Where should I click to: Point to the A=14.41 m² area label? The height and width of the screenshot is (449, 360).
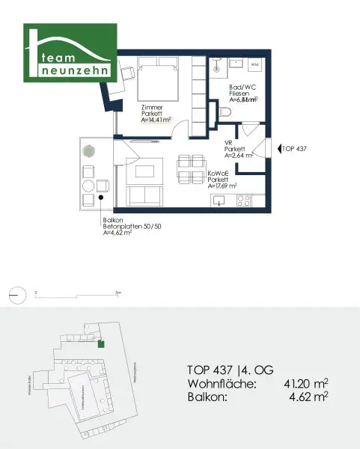pyautogui.click(x=158, y=118)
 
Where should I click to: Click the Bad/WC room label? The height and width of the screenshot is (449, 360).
pyautogui.click(x=240, y=87)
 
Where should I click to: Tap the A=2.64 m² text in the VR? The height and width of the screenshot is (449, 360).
pyautogui.click(x=240, y=156)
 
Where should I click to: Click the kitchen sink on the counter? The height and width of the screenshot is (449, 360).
pyautogui.click(x=219, y=201)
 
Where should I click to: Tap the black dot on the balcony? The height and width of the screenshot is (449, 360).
pyautogui.click(x=101, y=198)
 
